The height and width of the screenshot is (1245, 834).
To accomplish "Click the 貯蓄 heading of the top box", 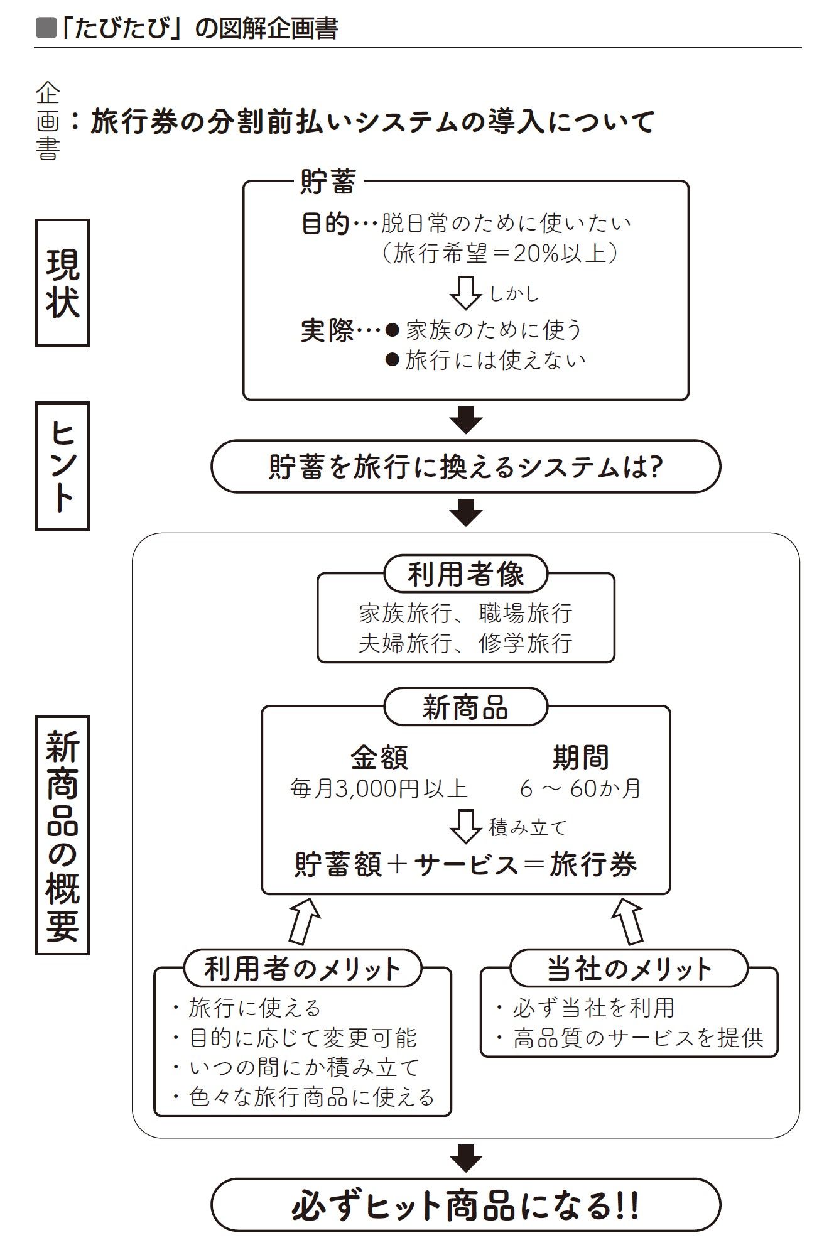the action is click(328, 182).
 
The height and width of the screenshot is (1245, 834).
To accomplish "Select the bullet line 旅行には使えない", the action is click(485, 360).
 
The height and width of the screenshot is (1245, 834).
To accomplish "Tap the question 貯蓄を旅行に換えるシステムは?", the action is click(465, 467).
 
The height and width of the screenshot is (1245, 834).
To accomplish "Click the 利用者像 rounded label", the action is click(465, 574).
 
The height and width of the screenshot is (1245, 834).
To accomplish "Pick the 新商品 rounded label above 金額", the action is click(465, 707).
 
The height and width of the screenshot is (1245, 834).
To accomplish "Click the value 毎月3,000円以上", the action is click(379, 788).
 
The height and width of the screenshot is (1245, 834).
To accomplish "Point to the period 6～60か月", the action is click(580, 788).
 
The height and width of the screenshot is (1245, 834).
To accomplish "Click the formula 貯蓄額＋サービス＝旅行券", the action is click(465, 864).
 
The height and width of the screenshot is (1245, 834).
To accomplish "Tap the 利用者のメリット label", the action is click(303, 969).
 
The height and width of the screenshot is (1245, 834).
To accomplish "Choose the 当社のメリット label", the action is click(629, 969).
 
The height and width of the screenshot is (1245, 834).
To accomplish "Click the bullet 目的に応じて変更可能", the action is click(295, 1038).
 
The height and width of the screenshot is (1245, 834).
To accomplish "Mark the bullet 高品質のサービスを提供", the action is click(630, 1038).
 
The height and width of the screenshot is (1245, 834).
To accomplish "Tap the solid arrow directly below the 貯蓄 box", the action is click(466, 420).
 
